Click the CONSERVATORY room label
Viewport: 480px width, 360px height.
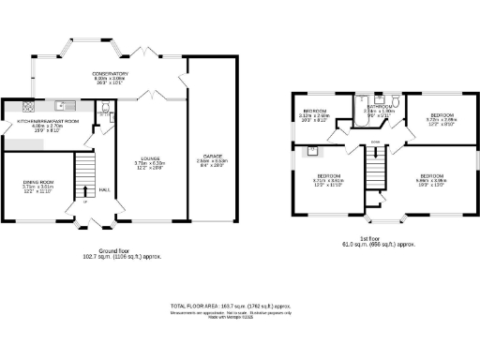tap(110, 73)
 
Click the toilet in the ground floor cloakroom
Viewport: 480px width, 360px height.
tap(105, 106)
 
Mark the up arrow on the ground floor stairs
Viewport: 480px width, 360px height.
tap(84, 201)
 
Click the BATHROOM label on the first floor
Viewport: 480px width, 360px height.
tap(381, 106)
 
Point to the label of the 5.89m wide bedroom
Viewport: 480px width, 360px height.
tap(431, 176)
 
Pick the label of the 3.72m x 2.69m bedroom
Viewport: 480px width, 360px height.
tap(440, 119)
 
